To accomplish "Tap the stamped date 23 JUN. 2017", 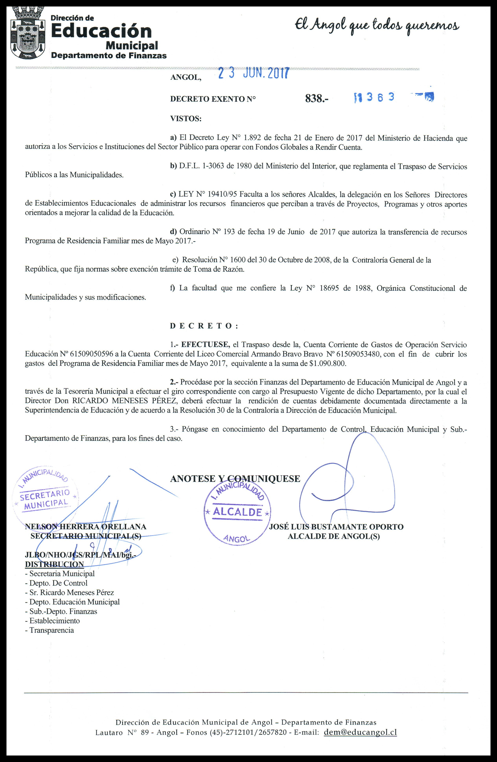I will click(x=253, y=74).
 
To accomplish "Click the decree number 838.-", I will click(x=317, y=99).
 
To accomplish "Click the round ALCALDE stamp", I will click(x=237, y=512).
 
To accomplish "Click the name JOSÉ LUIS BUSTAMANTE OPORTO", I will click(x=336, y=527).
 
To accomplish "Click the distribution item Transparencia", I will click(x=52, y=630).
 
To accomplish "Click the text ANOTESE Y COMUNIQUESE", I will click(x=235, y=479).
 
